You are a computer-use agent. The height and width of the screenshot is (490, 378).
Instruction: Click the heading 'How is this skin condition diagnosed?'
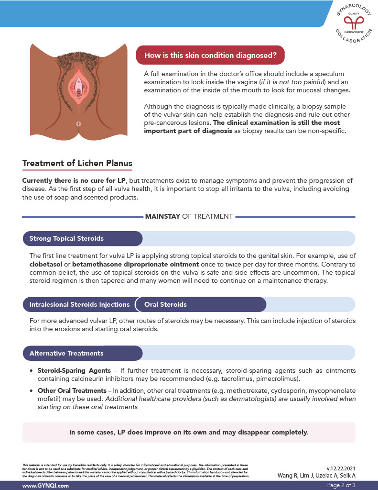[x=210, y=55]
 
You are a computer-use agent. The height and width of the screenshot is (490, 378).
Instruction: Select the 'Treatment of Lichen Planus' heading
[x=77, y=163]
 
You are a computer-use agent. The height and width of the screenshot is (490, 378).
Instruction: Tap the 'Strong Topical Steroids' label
[x=66, y=238]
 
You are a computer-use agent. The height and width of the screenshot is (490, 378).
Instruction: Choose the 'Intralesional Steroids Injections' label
[x=79, y=304]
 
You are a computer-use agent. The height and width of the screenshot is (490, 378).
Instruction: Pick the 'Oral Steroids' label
[x=165, y=304]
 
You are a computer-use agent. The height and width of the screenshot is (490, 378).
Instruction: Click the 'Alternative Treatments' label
[x=66, y=353]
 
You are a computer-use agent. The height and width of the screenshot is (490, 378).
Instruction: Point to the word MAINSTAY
[x=162, y=216]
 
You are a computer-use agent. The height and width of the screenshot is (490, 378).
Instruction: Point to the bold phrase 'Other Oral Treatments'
[x=72, y=390]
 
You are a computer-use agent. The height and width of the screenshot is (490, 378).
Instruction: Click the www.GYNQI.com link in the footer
[x=46, y=485]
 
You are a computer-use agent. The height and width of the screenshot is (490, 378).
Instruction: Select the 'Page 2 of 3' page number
[x=341, y=485]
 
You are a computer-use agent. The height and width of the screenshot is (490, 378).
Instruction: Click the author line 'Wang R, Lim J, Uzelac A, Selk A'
[x=316, y=475]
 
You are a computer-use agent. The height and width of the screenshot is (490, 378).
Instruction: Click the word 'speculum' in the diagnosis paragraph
[x=329, y=74]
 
